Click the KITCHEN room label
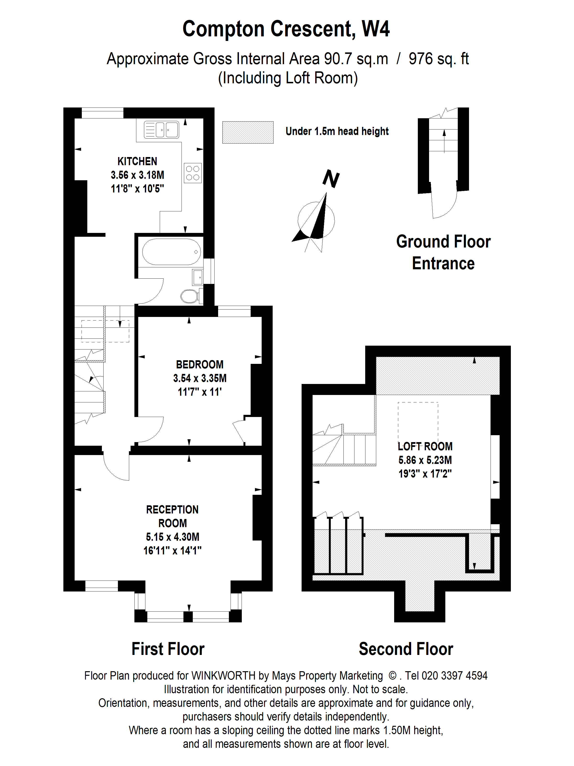coord(137,161)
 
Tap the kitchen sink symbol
coord(161,130)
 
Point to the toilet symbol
coord(190,296)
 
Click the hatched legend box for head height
coord(248,132)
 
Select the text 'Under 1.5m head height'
coord(337,132)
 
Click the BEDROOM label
coord(200,365)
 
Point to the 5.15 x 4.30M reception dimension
coord(172,537)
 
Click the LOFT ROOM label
coord(425,446)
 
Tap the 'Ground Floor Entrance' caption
coord(443,253)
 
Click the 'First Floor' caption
coord(168,649)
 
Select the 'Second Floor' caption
coord(406,649)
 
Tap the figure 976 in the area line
coord(420,59)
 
